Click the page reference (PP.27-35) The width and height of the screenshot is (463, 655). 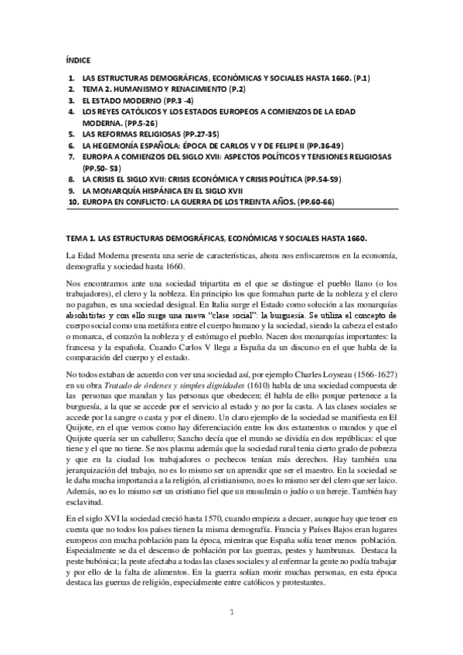(197, 133)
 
